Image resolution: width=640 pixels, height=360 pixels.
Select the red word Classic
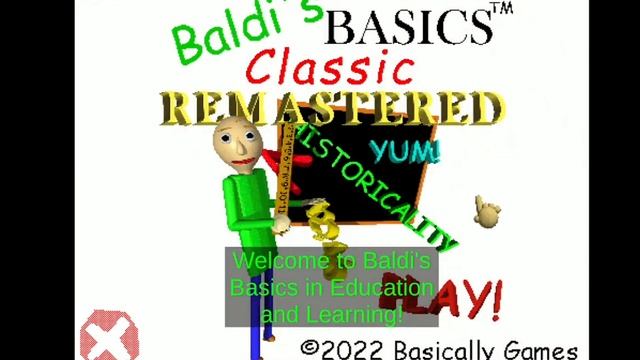tap(331, 70)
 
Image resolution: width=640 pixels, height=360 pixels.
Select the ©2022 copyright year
tap(344, 347)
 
